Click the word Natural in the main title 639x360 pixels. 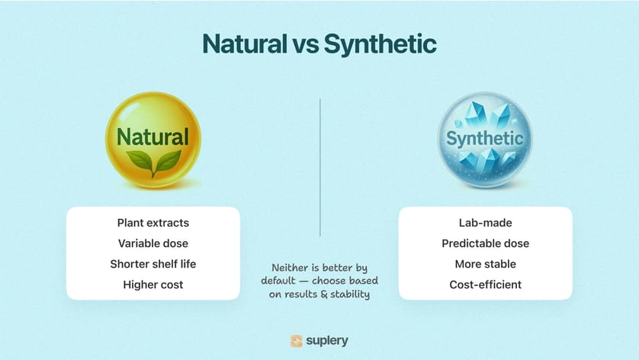(x=245, y=43)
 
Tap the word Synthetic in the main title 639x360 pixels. (x=381, y=44)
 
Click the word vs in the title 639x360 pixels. (x=305, y=46)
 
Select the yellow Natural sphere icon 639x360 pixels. (x=153, y=140)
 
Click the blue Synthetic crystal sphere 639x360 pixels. (x=485, y=140)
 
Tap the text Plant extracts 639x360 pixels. (x=153, y=223)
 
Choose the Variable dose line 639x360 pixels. (x=153, y=243)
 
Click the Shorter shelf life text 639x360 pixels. (x=153, y=264)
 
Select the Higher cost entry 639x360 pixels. (x=153, y=284)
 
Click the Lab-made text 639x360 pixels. (x=486, y=223)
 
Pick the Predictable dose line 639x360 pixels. (x=486, y=243)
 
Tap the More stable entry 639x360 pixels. (x=486, y=264)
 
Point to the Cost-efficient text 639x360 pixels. (x=486, y=284)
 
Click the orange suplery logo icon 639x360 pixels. (x=297, y=341)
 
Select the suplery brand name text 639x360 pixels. (x=327, y=341)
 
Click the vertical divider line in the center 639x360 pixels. (x=320, y=167)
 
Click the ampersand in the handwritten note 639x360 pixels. (x=324, y=294)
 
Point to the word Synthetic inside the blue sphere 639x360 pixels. (x=484, y=139)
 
